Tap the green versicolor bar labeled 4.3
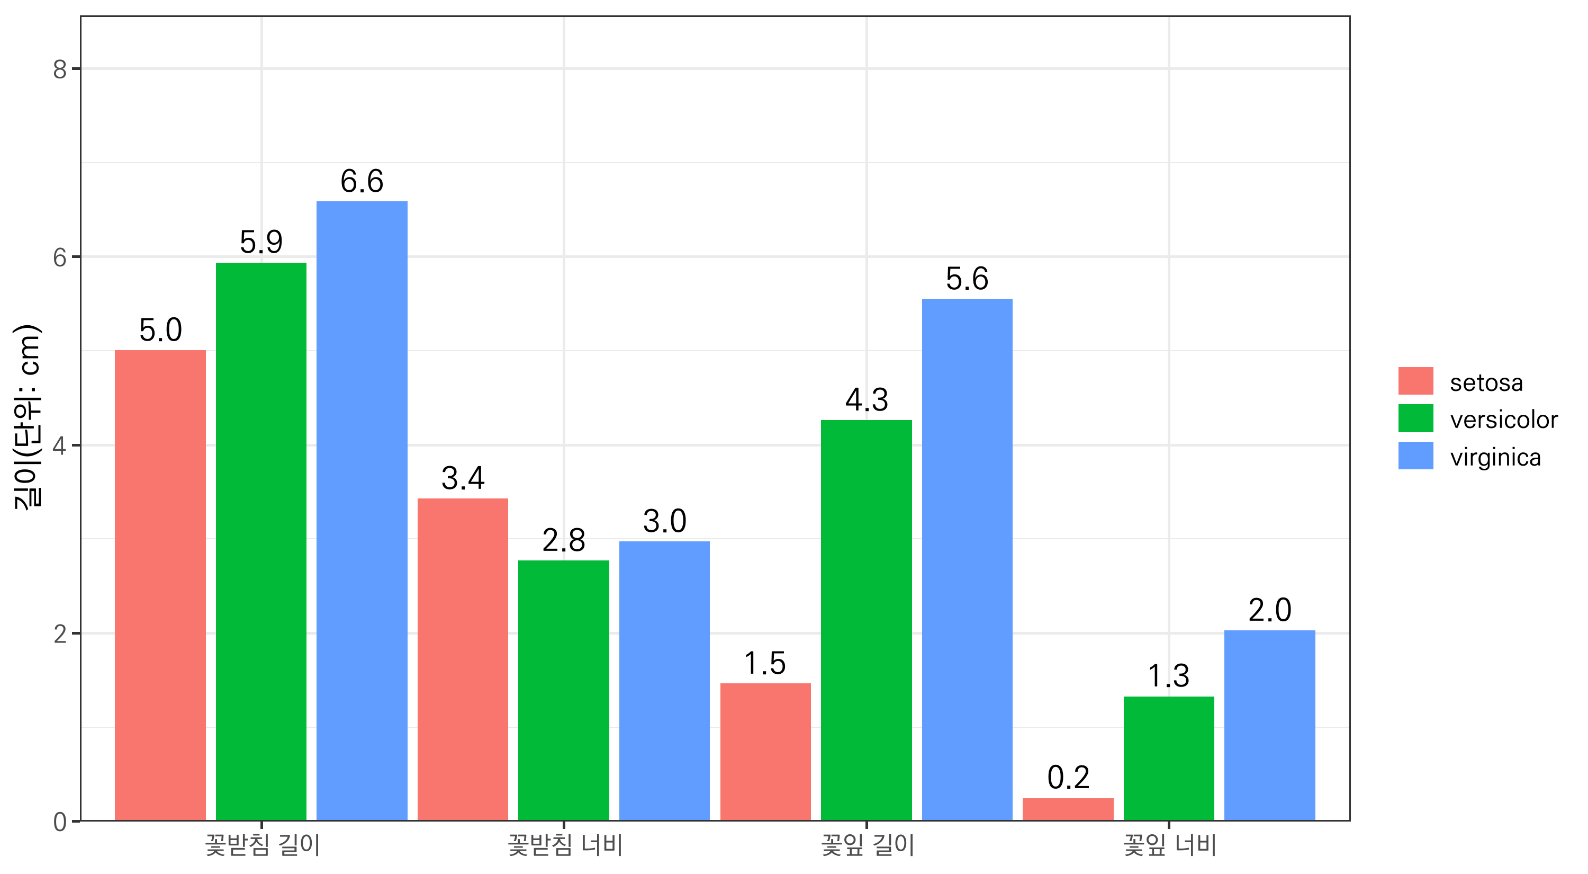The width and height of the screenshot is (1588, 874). coord(866,620)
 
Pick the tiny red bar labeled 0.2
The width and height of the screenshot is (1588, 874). coord(1068,809)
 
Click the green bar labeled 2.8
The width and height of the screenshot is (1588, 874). coord(563,690)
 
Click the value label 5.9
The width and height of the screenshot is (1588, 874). coord(261,242)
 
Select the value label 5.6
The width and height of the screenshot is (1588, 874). coord(967,279)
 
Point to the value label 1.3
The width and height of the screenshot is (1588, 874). coord(1168,676)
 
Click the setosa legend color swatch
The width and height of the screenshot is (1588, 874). coord(1415,381)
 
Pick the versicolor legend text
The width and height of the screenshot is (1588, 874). coord(1503,420)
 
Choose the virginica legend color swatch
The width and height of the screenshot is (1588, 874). coord(1415,456)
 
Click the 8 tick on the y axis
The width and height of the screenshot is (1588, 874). coord(60,69)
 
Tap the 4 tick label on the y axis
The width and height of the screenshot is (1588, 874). coord(60,445)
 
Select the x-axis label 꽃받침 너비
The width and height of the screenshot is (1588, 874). coord(565,845)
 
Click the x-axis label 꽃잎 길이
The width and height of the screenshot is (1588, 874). coord(867,845)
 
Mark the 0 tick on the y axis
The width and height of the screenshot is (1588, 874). coord(60,822)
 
